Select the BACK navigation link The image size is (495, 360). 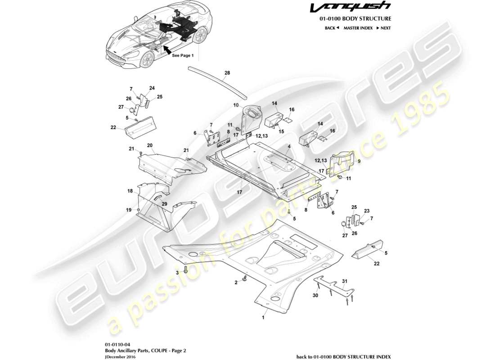pyautogui.click(x=331, y=28)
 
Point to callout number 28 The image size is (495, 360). pyautogui.click(x=227, y=72)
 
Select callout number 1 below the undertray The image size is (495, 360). pyautogui.click(x=264, y=317)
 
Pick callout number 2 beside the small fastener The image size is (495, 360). pyautogui.click(x=235, y=283)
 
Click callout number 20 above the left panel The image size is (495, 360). pyautogui.click(x=149, y=145)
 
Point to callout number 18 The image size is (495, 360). pyautogui.click(x=130, y=191)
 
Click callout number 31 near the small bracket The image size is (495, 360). pyautogui.click(x=344, y=282)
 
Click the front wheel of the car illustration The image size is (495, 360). pyautogui.click(x=147, y=59)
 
